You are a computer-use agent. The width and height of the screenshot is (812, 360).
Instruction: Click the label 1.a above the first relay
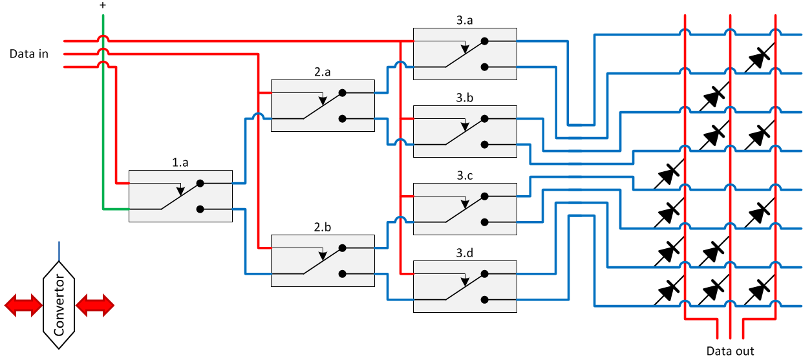pyautogui.click(x=180, y=164)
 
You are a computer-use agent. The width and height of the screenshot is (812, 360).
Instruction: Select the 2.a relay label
pyautogui.click(x=322, y=73)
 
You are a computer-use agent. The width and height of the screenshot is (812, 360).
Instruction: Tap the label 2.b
pyautogui.click(x=322, y=228)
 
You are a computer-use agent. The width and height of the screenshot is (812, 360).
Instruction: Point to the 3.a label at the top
pyautogui.click(x=464, y=21)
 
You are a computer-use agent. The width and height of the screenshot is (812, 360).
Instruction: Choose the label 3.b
pyautogui.click(x=464, y=98)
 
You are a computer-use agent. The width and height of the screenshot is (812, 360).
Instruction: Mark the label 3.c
pyautogui.click(x=464, y=176)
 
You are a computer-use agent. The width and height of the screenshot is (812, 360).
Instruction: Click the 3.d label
pyautogui.click(x=464, y=253)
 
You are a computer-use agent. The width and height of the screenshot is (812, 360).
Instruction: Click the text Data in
pyautogui.click(x=29, y=54)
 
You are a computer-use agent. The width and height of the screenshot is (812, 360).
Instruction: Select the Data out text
pyautogui.click(x=730, y=351)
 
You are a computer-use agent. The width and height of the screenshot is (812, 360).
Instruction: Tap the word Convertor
pyautogui.click(x=59, y=306)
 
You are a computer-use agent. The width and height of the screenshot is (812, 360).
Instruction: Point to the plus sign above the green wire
pyautogui.click(x=102, y=5)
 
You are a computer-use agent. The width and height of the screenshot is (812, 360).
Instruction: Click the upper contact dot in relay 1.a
pyautogui.click(x=200, y=184)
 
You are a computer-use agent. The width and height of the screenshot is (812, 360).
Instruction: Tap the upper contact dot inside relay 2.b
pyautogui.click(x=342, y=248)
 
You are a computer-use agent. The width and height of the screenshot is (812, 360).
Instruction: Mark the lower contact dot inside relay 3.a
pyautogui.click(x=484, y=67)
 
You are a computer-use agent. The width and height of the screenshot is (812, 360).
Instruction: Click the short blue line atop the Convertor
pyautogui.click(x=59, y=251)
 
